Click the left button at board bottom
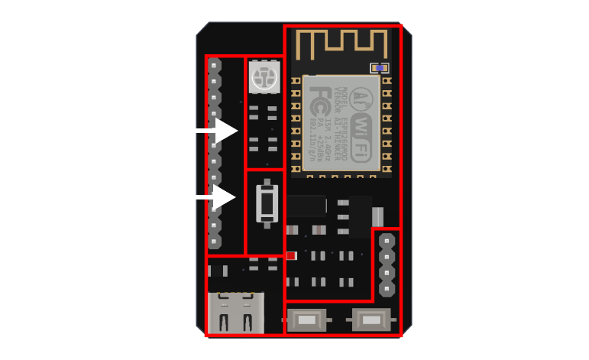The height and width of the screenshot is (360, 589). click(309, 318)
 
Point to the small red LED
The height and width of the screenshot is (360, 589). click(290, 255)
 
